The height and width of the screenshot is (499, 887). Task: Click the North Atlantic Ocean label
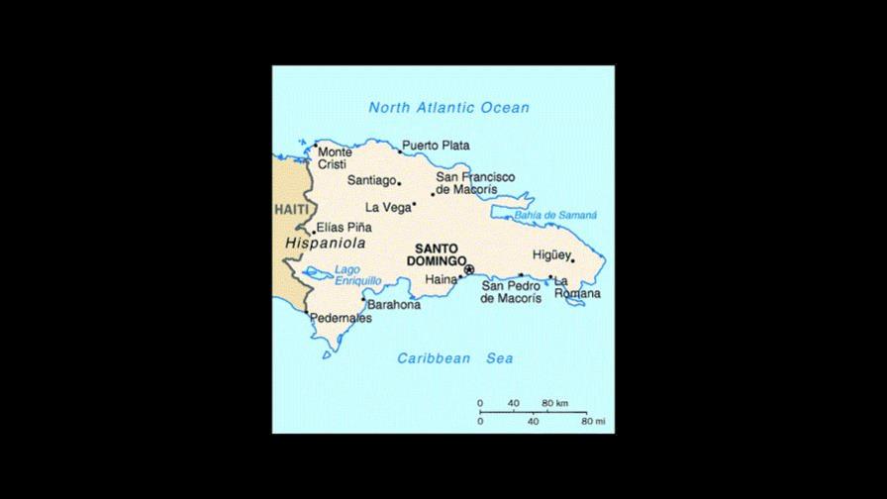tap(448, 108)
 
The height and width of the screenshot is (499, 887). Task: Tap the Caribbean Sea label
tap(455, 358)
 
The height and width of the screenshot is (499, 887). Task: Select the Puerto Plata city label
tap(436, 146)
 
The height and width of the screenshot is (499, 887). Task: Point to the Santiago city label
tap(371, 180)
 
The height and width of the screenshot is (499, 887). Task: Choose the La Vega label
tap(387, 207)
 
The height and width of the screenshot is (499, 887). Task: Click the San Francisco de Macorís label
tap(475, 183)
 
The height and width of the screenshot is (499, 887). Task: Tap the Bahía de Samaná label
tap(555, 215)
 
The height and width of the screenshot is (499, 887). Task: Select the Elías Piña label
tap(345, 227)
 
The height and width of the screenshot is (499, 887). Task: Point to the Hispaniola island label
tap(325, 243)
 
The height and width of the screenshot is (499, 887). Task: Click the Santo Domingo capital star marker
tap(469, 268)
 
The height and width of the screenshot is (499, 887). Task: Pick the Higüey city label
tap(551, 253)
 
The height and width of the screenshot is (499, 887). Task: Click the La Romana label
tap(577, 287)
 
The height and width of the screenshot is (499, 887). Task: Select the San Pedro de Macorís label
tap(511, 292)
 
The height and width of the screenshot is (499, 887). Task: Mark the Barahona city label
tap(394, 305)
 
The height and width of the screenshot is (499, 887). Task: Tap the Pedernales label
tap(341, 319)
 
